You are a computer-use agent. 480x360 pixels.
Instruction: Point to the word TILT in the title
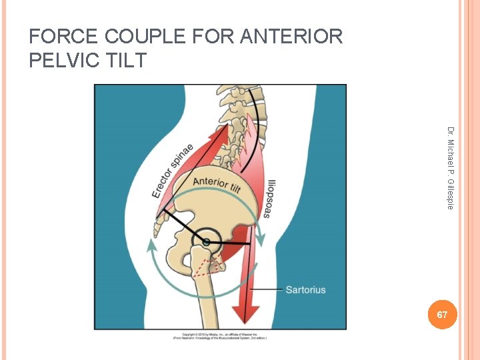123,60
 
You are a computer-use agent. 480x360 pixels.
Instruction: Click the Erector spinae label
172,170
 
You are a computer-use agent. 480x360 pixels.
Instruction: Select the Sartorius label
305,289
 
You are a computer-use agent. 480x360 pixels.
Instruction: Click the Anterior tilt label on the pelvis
217,185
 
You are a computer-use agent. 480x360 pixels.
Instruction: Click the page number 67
442,314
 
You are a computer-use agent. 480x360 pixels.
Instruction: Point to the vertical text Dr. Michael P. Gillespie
451,167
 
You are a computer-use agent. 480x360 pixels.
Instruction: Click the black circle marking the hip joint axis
207,241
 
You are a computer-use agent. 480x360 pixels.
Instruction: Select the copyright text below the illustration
219,335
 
